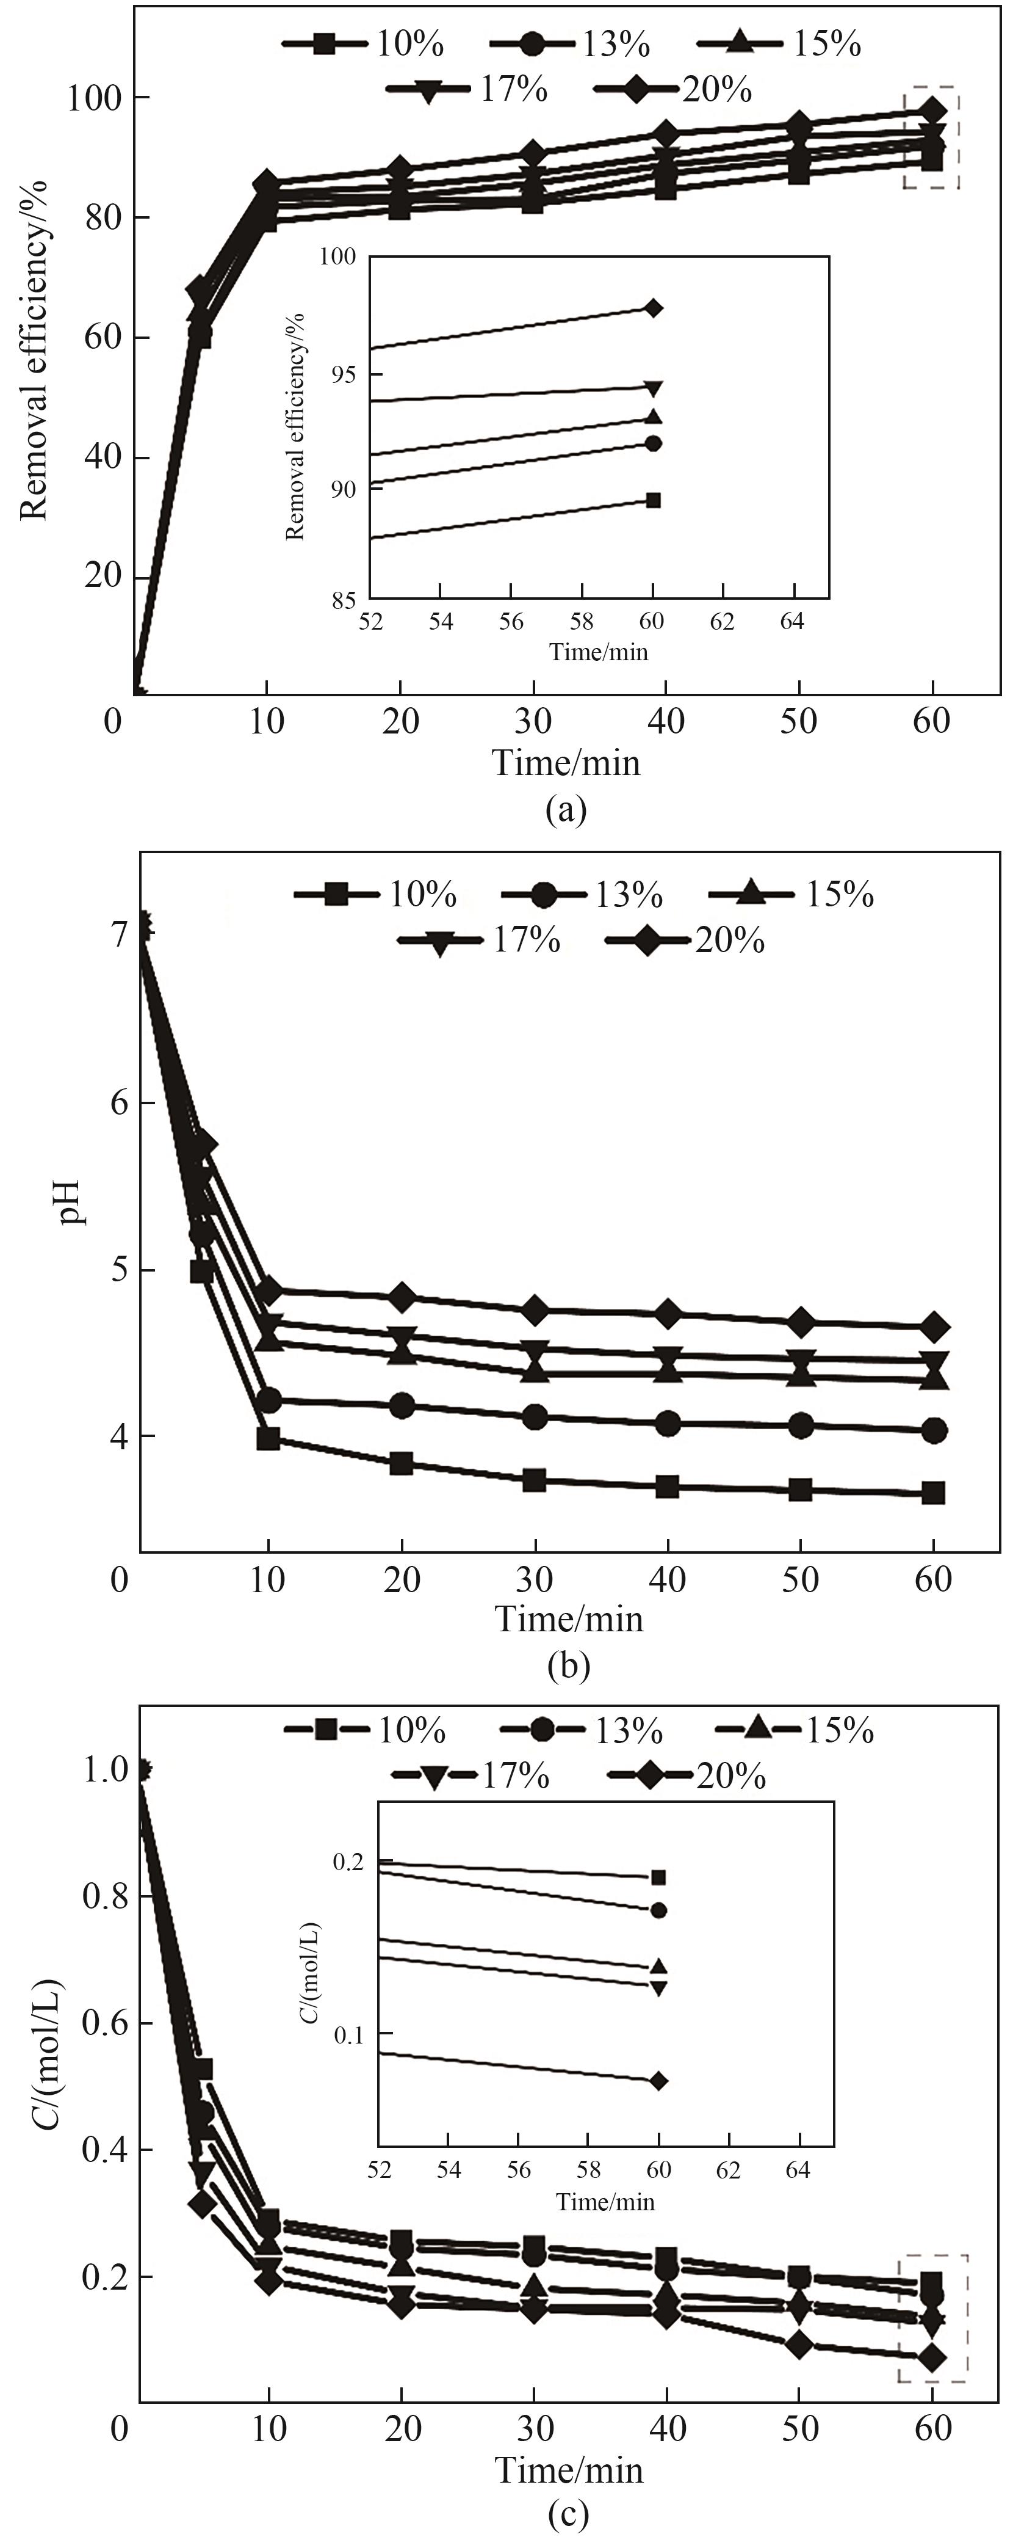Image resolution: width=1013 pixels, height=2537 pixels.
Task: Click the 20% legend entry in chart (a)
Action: [673, 90]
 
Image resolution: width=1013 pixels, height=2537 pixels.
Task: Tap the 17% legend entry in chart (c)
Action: [470, 1775]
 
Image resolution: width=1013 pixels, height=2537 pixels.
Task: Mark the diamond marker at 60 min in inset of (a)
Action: [654, 308]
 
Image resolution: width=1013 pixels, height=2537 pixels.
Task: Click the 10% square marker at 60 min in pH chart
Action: [933, 1493]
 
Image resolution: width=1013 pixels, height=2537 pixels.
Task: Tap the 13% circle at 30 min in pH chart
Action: [535, 1417]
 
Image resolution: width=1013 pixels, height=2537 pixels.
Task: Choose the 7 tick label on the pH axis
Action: [118, 934]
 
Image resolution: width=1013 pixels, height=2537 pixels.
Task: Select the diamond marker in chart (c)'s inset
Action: [658, 2081]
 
